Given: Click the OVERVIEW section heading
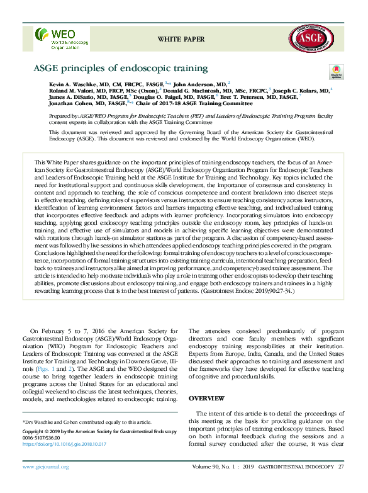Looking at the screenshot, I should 207,399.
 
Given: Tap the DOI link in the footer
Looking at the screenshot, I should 65,444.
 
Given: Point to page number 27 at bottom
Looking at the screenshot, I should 341,467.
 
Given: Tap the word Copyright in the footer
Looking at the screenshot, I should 35,433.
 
